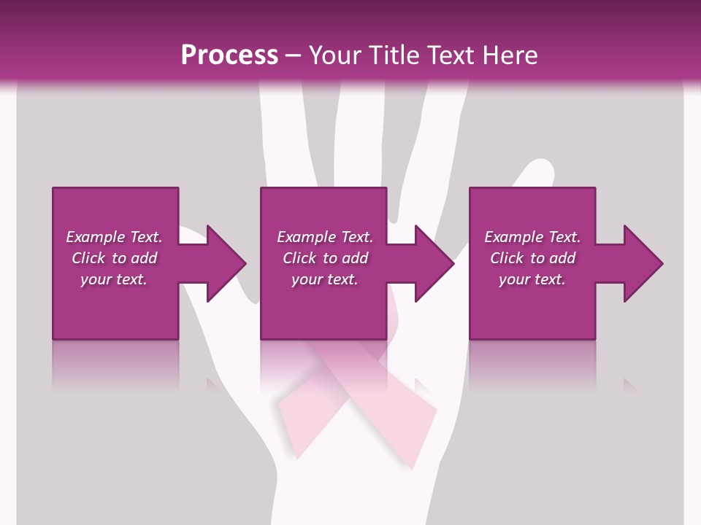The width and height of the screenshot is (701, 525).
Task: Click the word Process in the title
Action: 229,55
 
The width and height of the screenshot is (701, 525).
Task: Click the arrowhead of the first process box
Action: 226,263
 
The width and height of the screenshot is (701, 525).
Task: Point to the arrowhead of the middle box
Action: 435,263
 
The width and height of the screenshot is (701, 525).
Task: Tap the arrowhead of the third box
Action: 643,263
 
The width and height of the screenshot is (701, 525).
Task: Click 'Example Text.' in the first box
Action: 114,237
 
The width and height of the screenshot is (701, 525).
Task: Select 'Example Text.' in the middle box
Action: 324,237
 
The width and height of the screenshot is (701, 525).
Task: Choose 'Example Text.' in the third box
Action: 532,237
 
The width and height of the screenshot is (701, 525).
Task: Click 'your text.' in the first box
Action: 114,279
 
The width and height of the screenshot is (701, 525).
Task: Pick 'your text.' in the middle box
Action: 324,279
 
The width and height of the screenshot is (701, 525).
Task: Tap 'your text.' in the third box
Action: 532,279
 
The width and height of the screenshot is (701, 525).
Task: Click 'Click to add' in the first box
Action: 114,258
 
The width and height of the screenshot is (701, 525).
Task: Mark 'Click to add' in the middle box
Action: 324,258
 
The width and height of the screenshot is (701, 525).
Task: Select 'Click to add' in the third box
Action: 532,258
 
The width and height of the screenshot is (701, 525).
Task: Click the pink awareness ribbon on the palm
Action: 358,408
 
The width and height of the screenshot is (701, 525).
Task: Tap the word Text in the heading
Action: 451,55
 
